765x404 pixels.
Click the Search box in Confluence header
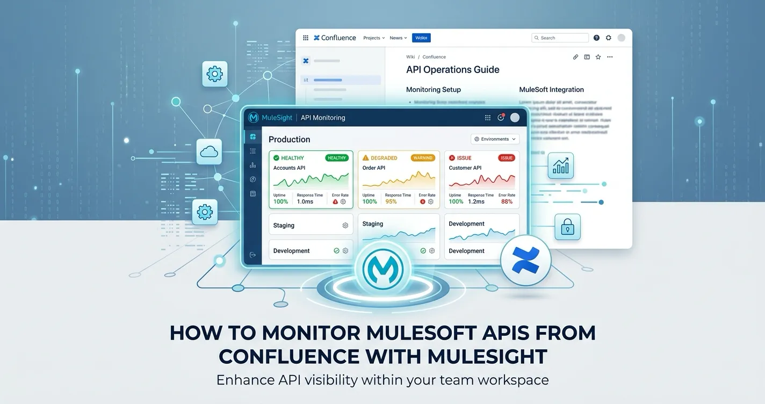tap(560, 38)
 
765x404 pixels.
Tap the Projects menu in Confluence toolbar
tap(373, 38)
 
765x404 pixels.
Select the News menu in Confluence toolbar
tap(398, 38)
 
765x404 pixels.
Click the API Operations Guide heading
tap(452, 70)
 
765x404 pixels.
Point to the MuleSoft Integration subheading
tap(551, 90)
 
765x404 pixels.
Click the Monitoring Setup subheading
tap(433, 90)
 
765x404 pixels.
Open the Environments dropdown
tap(495, 139)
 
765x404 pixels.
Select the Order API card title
tap(374, 168)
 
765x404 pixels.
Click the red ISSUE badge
tap(507, 158)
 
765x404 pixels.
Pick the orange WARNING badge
tap(423, 158)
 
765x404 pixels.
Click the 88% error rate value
tap(507, 201)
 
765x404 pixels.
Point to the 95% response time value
tap(391, 201)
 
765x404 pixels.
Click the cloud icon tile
tap(209, 152)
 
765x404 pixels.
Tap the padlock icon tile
tap(567, 227)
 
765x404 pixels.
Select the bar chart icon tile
tap(560, 166)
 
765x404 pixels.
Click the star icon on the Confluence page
tap(598, 57)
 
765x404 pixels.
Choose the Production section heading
tap(289, 140)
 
